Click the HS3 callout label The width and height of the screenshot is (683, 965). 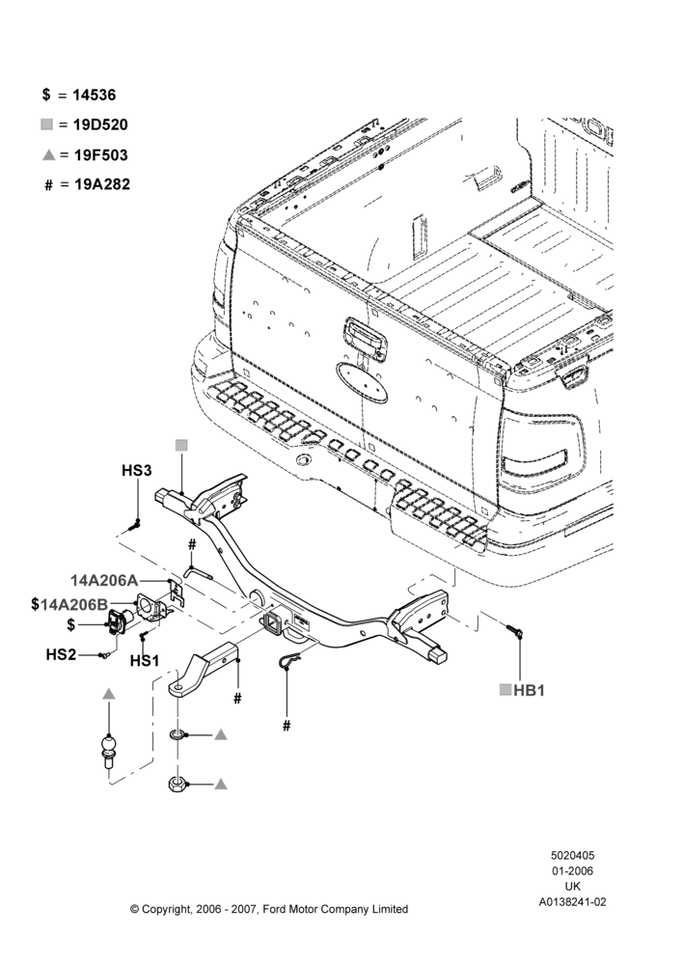click(x=136, y=471)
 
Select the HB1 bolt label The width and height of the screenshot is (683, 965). click(x=530, y=691)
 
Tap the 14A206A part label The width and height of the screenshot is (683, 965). click(x=104, y=580)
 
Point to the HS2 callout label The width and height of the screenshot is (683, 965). click(x=61, y=655)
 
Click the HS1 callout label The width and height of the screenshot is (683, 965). click(x=145, y=661)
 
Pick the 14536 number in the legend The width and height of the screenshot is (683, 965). click(x=95, y=95)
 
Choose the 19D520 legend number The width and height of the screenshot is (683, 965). click(x=100, y=124)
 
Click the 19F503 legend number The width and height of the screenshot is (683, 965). click(x=101, y=155)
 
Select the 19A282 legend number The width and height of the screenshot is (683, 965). click(x=102, y=184)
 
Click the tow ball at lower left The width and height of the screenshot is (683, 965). click(x=109, y=750)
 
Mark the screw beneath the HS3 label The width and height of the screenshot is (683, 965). click(x=135, y=525)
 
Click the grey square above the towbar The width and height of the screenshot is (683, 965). click(x=181, y=446)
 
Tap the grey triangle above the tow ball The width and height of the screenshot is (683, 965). click(x=109, y=694)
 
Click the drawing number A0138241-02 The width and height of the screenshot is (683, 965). click(x=572, y=902)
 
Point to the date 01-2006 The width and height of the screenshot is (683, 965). click(x=572, y=870)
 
